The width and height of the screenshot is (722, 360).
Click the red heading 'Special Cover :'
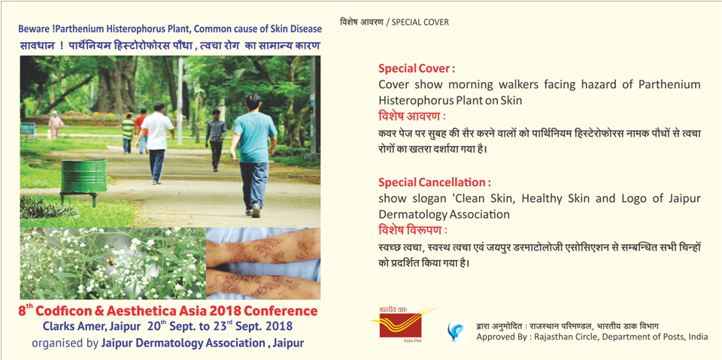[x=417, y=69]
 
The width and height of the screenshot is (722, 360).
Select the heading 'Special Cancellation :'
[x=432, y=183]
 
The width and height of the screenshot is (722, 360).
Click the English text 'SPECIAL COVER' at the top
[x=420, y=22]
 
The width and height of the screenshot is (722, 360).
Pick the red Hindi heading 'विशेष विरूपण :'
[x=413, y=229]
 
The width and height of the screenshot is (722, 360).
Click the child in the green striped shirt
[x=128, y=133]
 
